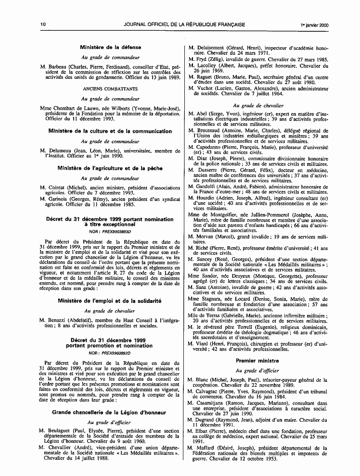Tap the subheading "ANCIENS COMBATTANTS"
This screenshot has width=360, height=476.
click(110, 89)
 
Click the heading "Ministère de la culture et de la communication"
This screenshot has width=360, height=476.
click(110, 131)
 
